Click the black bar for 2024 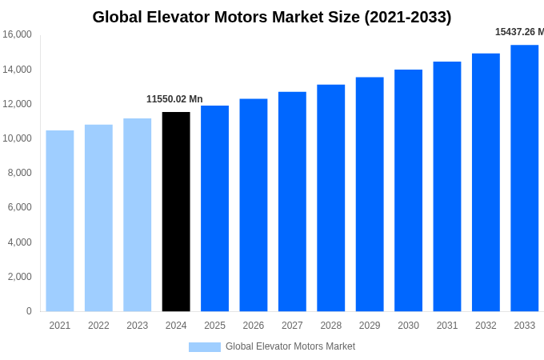(x=176, y=211)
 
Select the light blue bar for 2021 (x=60, y=221)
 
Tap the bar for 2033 (x=524, y=178)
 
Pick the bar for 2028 (x=330, y=198)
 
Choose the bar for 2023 (x=137, y=214)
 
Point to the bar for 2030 (x=408, y=190)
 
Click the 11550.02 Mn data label (x=174, y=99)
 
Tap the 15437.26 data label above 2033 (x=519, y=32)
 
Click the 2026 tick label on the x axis (x=254, y=326)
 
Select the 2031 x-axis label (x=447, y=326)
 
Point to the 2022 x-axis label (x=98, y=326)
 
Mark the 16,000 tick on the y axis (x=17, y=34)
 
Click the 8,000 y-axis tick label (x=19, y=173)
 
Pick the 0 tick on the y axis (x=29, y=311)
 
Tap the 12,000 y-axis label (x=17, y=104)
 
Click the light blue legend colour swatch (x=204, y=347)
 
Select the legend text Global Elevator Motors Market (x=290, y=346)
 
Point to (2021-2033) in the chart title (x=407, y=17)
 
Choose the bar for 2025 (x=214, y=208)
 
